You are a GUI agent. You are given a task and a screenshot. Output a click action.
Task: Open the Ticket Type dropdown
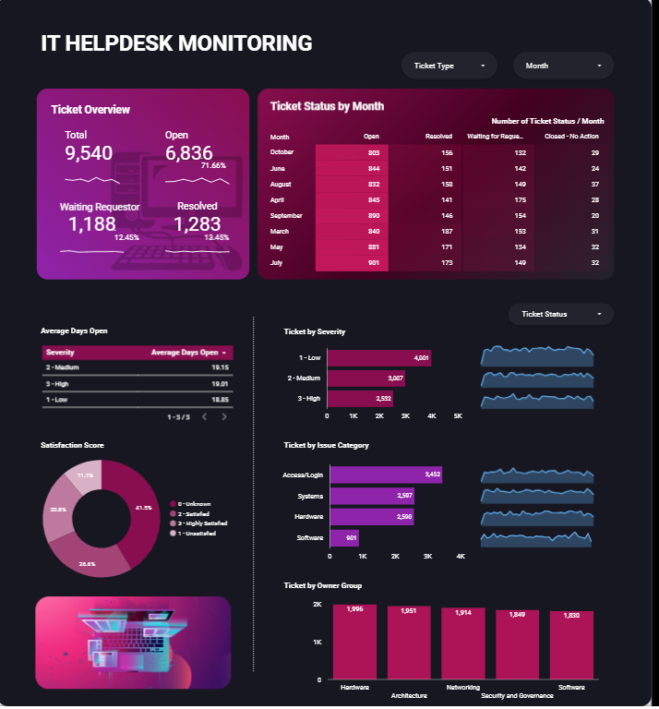(449, 66)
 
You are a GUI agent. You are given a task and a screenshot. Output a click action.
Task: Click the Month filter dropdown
(563, 66)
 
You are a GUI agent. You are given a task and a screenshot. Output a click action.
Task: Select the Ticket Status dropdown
(560, 314)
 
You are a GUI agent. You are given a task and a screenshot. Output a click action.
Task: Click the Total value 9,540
(90, 153)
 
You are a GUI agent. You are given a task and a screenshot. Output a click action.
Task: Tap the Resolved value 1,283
(198, 224)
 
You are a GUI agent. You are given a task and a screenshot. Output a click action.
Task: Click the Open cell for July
(353, 263)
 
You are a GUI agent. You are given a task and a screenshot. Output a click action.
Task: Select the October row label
(282, 151)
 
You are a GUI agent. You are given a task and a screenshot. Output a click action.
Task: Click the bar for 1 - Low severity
(379, 358)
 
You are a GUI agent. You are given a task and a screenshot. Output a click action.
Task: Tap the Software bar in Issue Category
(344, 537)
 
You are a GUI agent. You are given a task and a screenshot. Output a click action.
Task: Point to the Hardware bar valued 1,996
(354, 643)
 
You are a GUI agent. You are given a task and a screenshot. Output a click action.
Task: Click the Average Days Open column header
(187, 353)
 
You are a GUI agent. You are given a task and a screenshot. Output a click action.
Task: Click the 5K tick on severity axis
(458, 417)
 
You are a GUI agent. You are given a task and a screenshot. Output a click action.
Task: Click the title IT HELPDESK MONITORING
(176, 43)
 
